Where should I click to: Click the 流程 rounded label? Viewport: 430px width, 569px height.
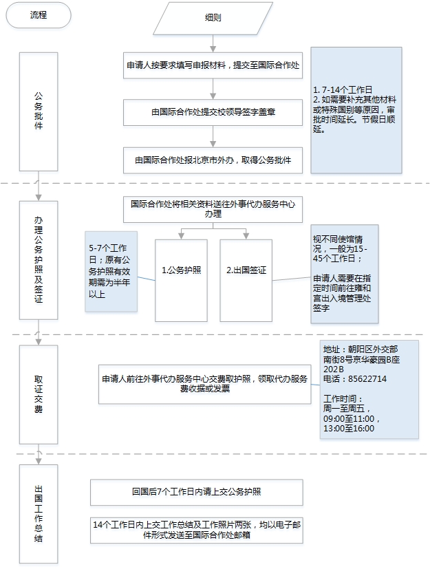38,15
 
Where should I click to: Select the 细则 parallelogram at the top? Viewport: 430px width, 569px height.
213,19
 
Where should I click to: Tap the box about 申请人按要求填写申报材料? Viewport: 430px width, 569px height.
213,65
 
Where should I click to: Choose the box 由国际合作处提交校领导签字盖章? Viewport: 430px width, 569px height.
213,111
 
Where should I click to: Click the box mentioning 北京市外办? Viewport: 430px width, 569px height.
213,160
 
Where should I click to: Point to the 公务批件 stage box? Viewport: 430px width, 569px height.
39,111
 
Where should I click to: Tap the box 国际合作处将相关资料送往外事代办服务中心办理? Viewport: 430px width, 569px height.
213,209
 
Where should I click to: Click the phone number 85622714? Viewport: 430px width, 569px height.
367,378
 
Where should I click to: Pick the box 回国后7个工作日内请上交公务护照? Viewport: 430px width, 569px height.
197,492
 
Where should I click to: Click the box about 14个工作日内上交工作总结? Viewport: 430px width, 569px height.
197,529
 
